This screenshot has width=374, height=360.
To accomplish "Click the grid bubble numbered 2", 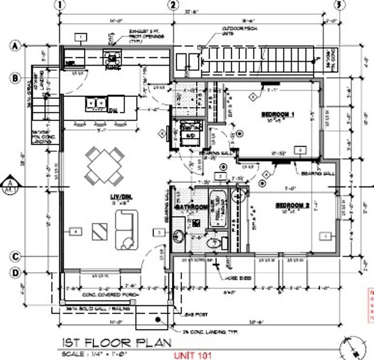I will click(x=171, y=5).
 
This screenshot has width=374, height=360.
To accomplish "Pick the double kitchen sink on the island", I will click(x=96, y=104).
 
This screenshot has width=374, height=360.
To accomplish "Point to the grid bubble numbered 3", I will click(x=341, y=5).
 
